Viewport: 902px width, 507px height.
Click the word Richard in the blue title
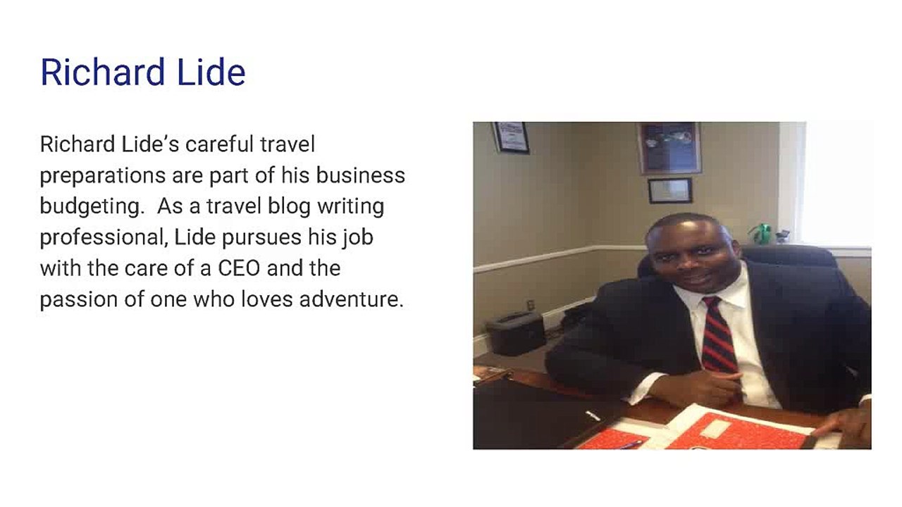(103, 73)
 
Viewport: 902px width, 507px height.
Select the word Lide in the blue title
(211, 73)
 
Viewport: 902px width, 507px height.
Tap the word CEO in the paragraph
(239, 268)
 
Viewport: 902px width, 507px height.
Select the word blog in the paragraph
(289, 207)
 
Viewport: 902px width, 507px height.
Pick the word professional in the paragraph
(104, 238)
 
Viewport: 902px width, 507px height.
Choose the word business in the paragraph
(360, 175)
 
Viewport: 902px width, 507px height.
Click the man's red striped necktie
(719, 334)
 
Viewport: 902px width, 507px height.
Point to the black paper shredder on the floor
(515, 333)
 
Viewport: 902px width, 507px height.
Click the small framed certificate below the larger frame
(670, 190)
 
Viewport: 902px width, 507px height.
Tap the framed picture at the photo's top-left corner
(512, 137)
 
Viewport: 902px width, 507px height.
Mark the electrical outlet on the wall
(531, 305)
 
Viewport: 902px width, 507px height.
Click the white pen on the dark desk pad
(593, 415)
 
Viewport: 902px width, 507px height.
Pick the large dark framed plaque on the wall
(669, 148)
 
